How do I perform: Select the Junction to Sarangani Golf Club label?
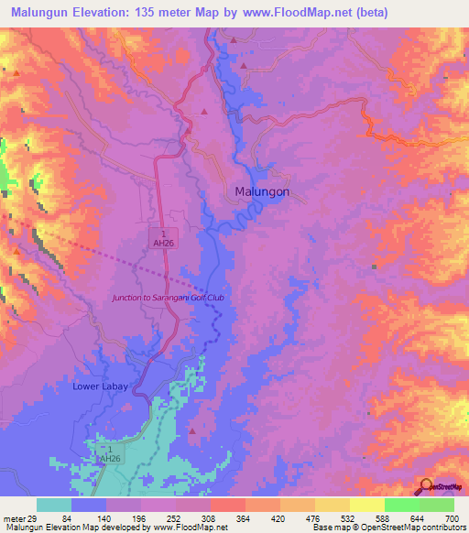(168, 298)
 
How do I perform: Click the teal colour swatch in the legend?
(54, 506)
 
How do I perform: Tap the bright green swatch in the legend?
(402, 506)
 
